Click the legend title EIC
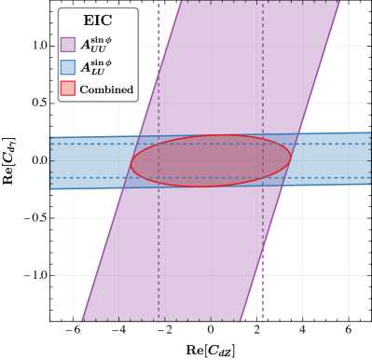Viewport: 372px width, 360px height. pos(97,21)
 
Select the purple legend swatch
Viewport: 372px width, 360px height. pos(68,44)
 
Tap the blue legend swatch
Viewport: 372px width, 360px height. pos(68,66)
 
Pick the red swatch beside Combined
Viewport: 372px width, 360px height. pos(68,89)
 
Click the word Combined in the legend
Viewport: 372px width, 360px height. pos(106,90)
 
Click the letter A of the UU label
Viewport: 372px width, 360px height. pos(85,44)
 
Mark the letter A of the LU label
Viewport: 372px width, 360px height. pos(85,66)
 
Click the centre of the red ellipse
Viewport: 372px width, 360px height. pos(211,160)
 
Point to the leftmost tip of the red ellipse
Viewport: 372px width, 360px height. pos(131,164)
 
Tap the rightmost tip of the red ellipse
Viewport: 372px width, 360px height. pos(291,157)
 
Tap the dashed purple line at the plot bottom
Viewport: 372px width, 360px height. pos(262,289)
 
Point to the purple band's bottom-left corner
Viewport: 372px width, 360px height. pos(82,320)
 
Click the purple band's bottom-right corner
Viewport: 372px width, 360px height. pos(242,320)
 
